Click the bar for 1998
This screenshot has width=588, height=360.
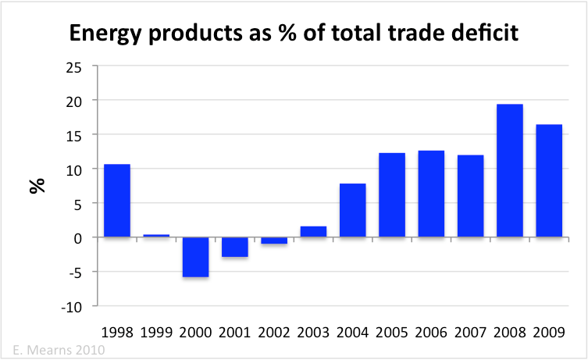(117, 201)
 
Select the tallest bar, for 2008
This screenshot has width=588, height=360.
(509, 170)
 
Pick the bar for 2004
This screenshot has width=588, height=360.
(352, 210)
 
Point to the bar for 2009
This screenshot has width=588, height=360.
(548, 180)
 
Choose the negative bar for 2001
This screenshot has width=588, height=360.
(234, 247)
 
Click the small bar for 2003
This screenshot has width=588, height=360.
(313, 232)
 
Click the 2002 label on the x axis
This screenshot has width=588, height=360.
(273, 331)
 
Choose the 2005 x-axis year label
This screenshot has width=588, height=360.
(391, 331)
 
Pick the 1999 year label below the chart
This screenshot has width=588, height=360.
(156, 331)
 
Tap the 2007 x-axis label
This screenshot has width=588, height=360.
(469, 331)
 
